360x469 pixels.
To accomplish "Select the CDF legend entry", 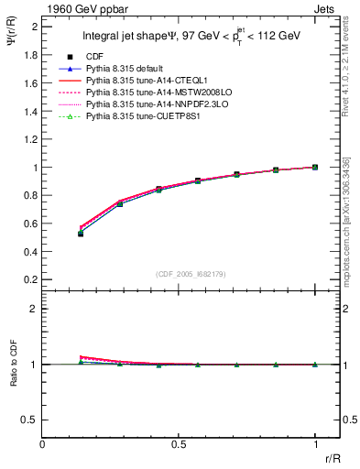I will coord(93,57).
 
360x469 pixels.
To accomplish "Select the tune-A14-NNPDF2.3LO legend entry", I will coord(150,104).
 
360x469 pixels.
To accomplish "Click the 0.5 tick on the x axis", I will coord(179,442).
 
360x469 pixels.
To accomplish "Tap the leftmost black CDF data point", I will coord(81,234).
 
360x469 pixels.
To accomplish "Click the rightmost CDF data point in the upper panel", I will coord(315,168).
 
